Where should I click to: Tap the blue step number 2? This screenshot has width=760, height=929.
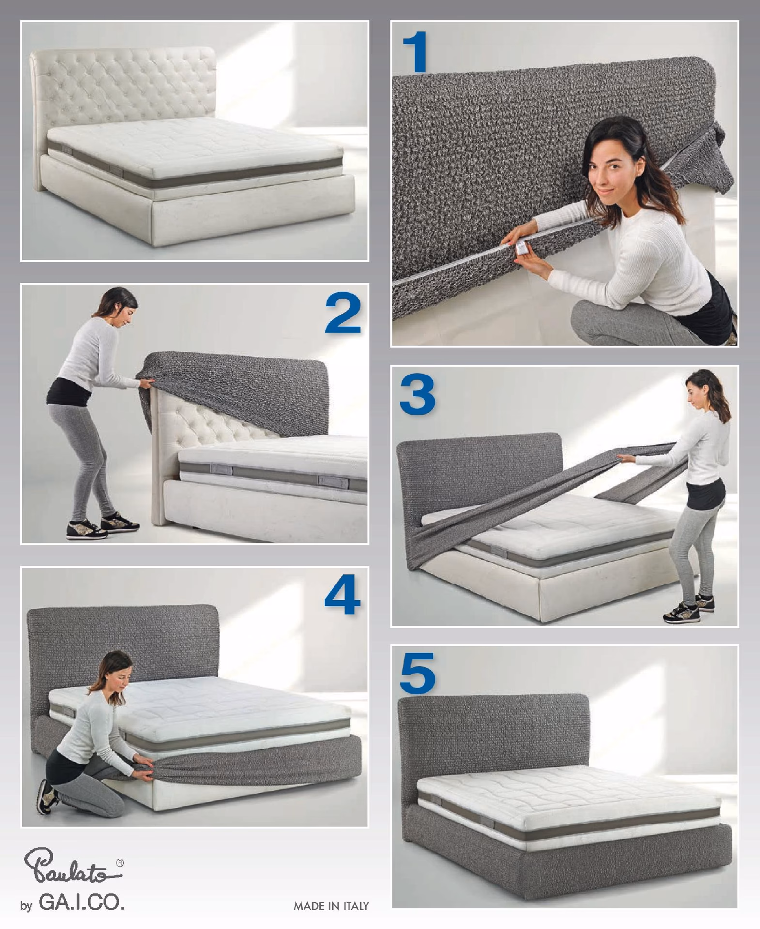[x=343, y=313]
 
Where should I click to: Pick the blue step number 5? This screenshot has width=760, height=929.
[x=417, y=673]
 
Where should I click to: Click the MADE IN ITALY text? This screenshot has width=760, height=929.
[x=331, y=906]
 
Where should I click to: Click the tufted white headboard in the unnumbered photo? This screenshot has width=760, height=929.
[x=123, y=92]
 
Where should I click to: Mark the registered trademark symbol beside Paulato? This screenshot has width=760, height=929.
[x=120, y=862]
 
